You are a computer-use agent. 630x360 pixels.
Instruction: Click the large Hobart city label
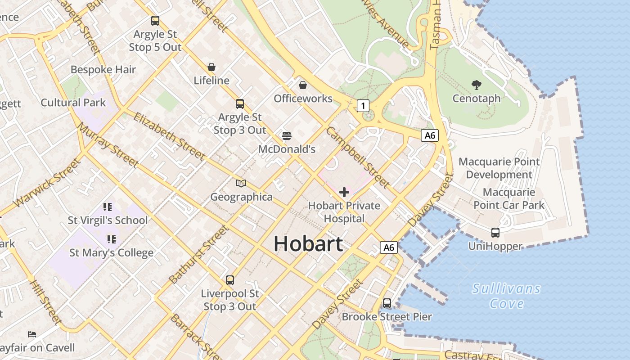(308, 243)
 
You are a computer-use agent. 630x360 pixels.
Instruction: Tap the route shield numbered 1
(363, 106)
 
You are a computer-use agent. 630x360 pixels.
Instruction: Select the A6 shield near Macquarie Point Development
(430, 135)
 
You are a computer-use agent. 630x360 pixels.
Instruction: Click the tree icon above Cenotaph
(477, 85)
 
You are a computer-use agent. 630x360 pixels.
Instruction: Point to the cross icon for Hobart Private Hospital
(344, 192)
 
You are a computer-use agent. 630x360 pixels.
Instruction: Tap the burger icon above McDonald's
(287, 135)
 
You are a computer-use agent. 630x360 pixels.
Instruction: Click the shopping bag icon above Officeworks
(303, 85)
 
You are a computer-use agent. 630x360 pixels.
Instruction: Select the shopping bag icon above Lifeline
(211, 67)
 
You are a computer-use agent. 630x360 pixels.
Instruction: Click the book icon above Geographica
(241, 183)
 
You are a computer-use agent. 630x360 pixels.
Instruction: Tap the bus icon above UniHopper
(495, 233)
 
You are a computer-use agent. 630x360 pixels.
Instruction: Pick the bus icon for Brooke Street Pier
(387, 303)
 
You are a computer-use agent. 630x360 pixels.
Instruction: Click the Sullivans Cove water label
(507, 296)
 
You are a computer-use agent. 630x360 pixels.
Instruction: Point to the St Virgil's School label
(108, 220)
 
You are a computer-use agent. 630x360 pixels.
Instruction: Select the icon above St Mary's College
(111, 239)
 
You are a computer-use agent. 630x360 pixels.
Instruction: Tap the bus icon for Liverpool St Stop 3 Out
(230, 280)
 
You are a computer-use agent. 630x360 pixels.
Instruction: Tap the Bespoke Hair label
(103, 70)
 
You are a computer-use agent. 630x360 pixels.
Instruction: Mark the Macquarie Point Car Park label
(509, 198)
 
